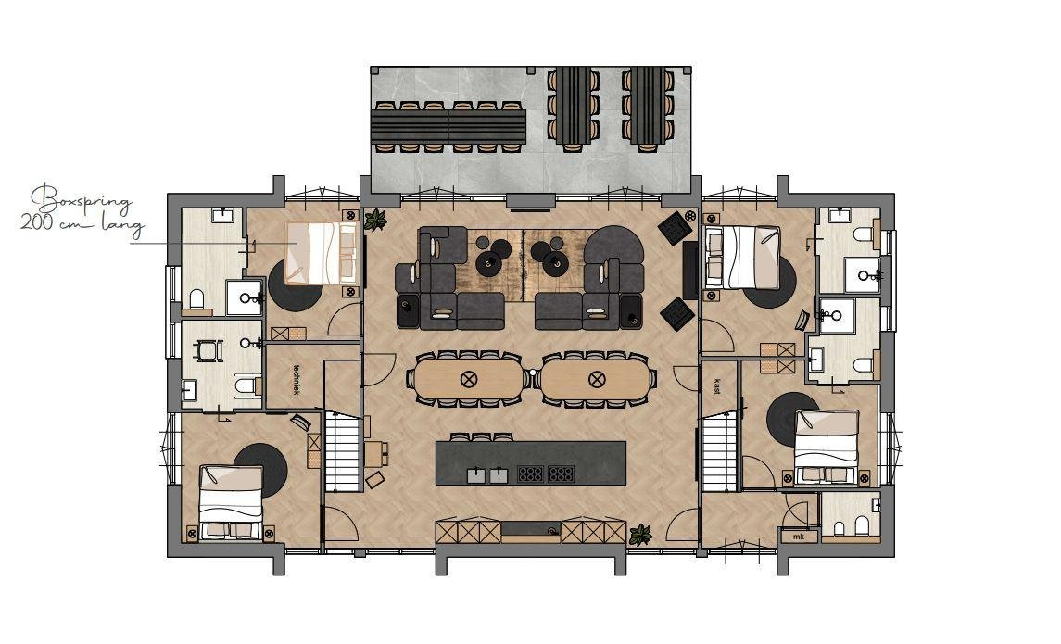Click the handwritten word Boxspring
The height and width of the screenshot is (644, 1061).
coord(82,199)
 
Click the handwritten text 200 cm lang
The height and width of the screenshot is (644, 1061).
coord(82,223)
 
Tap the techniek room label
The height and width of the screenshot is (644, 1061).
coord(296,380)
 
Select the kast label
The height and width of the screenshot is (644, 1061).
coord(716,387)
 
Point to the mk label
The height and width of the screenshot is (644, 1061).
coord(799,537)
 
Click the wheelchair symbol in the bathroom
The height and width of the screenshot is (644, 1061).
coord(208,349)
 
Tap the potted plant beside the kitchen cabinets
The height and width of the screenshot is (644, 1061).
coord(639,534)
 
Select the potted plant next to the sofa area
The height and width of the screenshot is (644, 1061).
coord(375,220)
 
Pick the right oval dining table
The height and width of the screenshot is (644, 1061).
coord(596,379)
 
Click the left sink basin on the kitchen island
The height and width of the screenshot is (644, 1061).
coord(477,474)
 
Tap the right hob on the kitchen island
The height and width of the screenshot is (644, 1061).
coord(561,474)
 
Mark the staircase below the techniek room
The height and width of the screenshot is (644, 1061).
coord(342,450)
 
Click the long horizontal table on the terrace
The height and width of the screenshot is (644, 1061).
coord(448,126)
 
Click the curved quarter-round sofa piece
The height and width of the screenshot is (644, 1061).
coord(613,245)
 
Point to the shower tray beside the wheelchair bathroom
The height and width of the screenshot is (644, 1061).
coord(244,297)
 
